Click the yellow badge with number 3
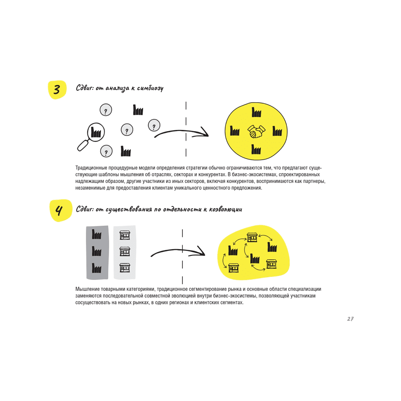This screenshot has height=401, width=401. (x=57, y=90)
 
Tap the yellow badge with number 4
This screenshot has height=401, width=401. (x=60, y=210)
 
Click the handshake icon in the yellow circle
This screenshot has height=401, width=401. (x=256, y=132)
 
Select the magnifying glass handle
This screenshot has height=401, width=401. (x=83, y=145)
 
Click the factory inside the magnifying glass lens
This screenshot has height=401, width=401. (x=96, y=132)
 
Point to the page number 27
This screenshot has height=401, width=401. (x=350, y=319)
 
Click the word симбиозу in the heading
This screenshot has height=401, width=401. (x=150, y=89)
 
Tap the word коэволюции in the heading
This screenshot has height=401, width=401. (x=225, y=209)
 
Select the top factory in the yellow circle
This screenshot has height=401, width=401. (x=256, y=112)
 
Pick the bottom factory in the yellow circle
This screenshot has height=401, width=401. (x=256, y=149)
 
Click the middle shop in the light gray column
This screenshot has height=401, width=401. (x=125, y=252)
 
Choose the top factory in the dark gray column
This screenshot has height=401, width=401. (x=97, y=234)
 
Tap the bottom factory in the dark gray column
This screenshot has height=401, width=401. (x=97, y=268)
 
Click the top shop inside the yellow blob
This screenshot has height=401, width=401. (x=252, y=237)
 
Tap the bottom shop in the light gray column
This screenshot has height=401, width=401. (x=125, y=268)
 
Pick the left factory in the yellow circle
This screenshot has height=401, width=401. (x=235, y=130)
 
